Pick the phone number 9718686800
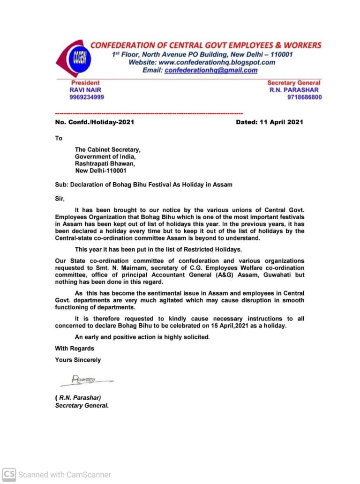click(x=304, y=97)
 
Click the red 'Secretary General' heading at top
click(x=294, y=83)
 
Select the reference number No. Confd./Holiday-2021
click(x=95, y=122)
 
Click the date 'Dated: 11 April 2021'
click(x=269, y=122)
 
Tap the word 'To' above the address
click(x=59, y=138)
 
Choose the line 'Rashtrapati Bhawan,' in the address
click(x=105, y=164)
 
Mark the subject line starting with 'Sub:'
click(x=143, y=185)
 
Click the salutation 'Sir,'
click(x=60, y=199)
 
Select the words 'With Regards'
click(x=75, y=348)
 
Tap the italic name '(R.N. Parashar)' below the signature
click(x=78, y=398)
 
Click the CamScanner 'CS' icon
click(x=9, y=474)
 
